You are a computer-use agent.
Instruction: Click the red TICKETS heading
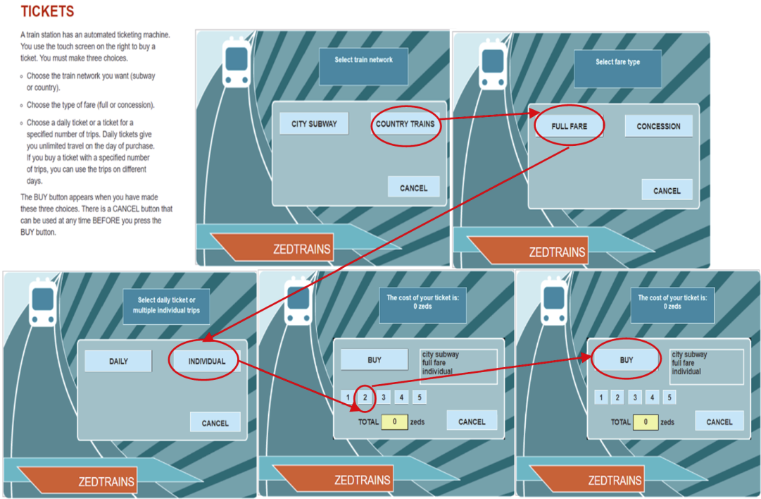tap(47, 12)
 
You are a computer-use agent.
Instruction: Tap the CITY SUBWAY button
tap(314, 124)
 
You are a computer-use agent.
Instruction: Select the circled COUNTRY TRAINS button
tap(405, 124)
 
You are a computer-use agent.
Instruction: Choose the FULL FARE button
tap(569, 127)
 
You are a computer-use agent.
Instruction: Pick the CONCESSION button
tap(658, 127)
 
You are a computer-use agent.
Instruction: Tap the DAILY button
tap(118, 361)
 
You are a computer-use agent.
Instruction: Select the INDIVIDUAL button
tap(206, 361)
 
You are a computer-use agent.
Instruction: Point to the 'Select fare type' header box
tap(617, 68)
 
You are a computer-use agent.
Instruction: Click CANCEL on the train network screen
tap(413, 187)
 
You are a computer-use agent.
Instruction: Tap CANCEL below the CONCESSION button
tap(666, 190)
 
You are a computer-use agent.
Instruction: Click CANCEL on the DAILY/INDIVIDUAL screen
tap(215, 423)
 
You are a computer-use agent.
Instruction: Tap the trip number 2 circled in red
tap(365, 398)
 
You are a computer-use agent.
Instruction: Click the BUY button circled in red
tap(626, 360)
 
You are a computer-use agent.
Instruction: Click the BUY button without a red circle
tap(375, 359)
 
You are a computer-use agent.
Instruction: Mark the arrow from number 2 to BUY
tap(479, 371)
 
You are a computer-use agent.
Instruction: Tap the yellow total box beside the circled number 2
tap(394, 421)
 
